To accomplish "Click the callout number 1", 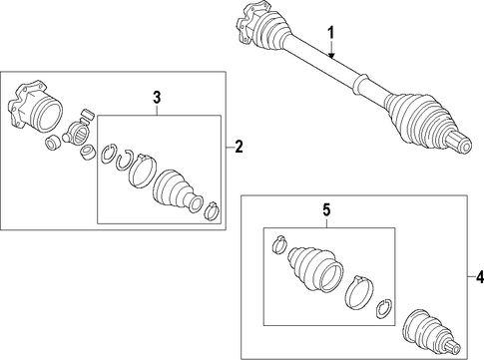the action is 331,34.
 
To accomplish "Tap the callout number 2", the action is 239,147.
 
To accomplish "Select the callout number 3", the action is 157,98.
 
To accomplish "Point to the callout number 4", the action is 479,276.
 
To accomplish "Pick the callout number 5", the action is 326,209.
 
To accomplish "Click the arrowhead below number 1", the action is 331,56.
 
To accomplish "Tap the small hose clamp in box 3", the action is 212,211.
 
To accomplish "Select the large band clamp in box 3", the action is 142,171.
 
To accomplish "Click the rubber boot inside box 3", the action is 177,190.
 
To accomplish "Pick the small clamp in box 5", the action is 279,244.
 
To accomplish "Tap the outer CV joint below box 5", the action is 431,332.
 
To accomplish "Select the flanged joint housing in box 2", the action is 35,107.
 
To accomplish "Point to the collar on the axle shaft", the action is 359,83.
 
